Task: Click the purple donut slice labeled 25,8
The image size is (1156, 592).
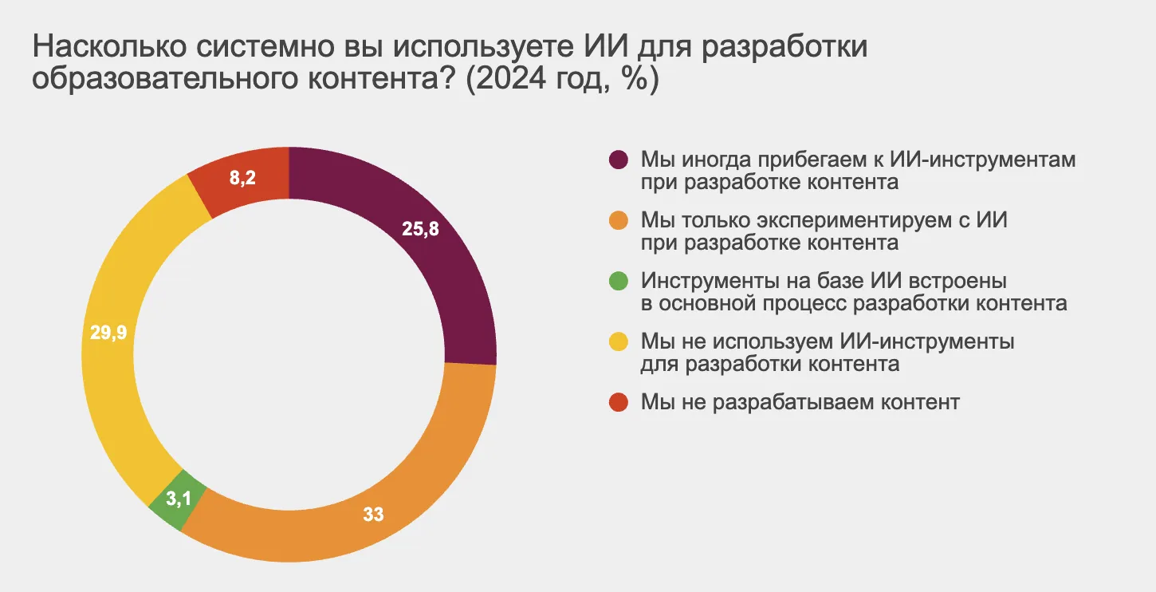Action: (x=446, y=263)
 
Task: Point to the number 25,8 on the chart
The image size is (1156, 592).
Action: (x=421, y=230)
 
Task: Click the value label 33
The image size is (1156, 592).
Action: (x=373, y=515)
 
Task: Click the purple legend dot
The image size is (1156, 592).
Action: (x=619, y=160)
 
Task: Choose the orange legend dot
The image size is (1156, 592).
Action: (x=619, y=219)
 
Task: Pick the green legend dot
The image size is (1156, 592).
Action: (x=619, y=281)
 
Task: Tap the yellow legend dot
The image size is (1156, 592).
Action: (x=619, y=341)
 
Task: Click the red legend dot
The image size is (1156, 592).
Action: (x=619, y=402)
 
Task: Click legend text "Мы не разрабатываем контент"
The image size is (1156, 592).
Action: (x=800, y=402)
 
